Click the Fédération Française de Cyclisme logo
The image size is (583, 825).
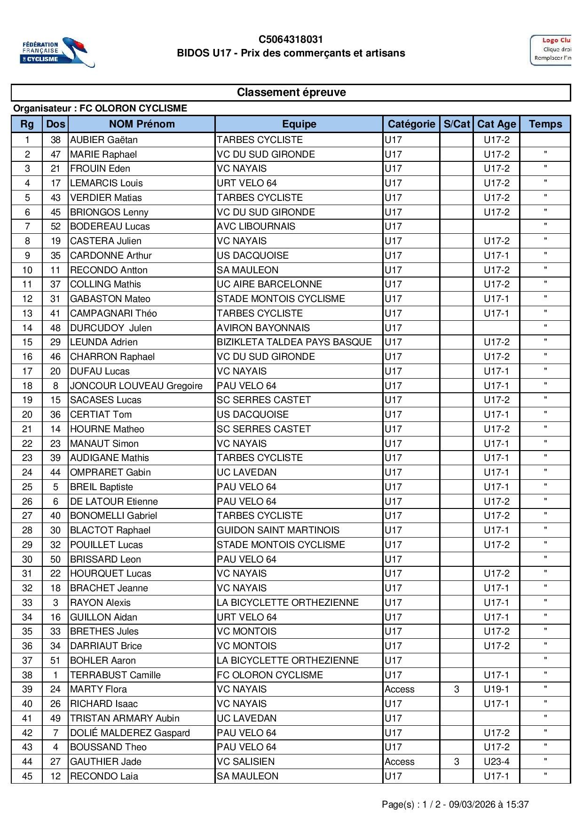tap(57, 52)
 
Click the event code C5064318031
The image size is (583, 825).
tap(291, 40)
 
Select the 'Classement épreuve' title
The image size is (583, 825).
tap(291, 92)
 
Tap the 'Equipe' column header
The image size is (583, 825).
tap(299, 124)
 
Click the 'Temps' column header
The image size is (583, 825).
tap(545, 124)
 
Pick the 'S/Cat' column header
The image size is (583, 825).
tap(457, 124)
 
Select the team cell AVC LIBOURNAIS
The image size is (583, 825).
tap(256, 226)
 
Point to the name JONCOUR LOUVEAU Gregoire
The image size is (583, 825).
tap(136, 386)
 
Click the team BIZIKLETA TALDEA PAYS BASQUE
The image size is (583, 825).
tap(294, 342)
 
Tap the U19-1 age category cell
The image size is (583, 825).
tap(496, 689)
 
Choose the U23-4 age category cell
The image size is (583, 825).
tap(496, 762)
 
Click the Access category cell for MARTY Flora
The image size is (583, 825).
tap(400, 689)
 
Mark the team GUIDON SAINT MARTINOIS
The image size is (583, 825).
tap(278, 530)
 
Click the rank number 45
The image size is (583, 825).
tap(27, 776)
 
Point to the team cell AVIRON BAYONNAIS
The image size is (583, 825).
tap(263, 328)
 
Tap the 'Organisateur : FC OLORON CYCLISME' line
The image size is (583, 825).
tap(100, 108)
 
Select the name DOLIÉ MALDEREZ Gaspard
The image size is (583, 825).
tap(130, 733)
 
